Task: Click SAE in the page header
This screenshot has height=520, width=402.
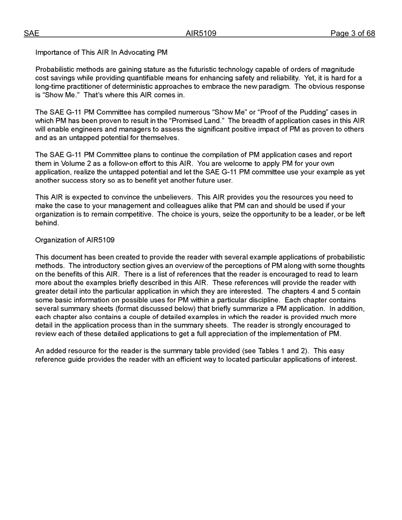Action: pyautogui.click(x=31, y=33)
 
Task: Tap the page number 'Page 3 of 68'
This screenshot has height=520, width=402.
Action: pyautogui.click(x=352, y=33)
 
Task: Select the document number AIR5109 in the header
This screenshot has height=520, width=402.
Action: pyautogui.click(x=201, y=33)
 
